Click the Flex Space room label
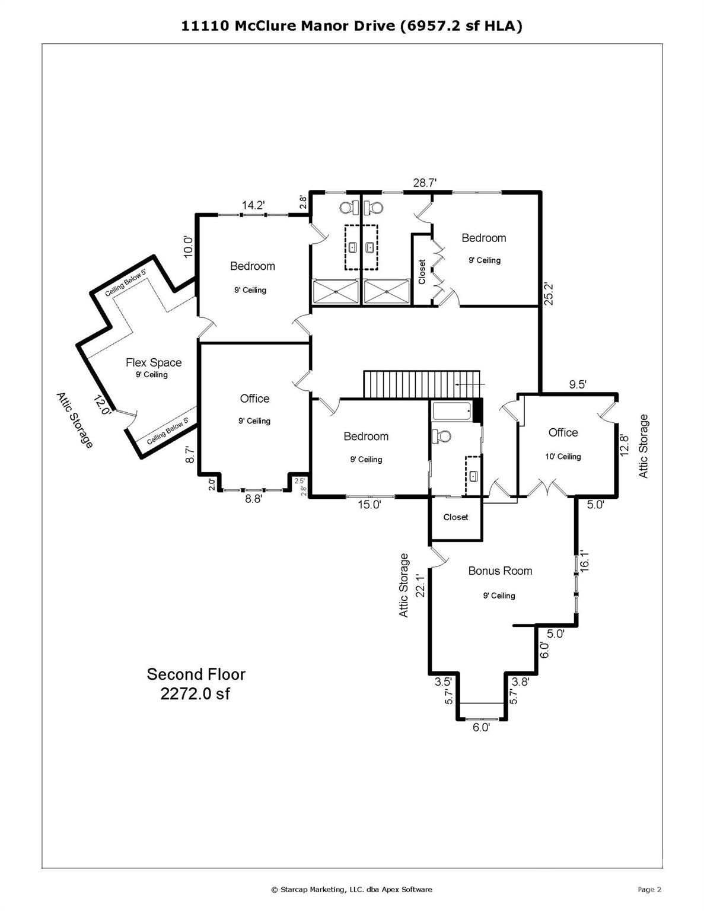coord(154,362)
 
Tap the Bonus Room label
coord(500,571)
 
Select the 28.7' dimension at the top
coord(425,183)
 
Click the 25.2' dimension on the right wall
coord(549,294)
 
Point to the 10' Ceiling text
coord(563,457)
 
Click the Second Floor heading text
coord(196,674)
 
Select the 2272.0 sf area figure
coord(195,694)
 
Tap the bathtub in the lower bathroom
coord(452,410)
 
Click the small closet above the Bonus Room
coord(455,518)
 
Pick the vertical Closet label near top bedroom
coord(422,272)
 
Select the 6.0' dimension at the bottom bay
coord(481,728)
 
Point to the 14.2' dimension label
coord(253,205)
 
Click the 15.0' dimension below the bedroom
coord(368,505)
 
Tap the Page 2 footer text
coord(649,889)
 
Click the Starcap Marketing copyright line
coord(352,889)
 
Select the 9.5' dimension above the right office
coord(578,384)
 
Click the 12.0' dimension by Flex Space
coord(101,406)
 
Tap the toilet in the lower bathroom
coord(441,436)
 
